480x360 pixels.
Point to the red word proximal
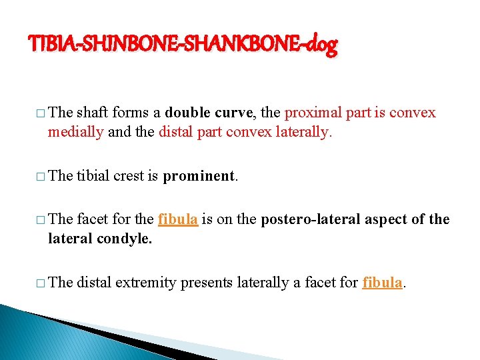pos(312,113)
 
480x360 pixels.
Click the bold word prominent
pos(199,176)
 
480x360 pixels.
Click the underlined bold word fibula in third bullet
pos(178,219)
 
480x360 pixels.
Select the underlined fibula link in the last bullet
pos(382,282)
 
